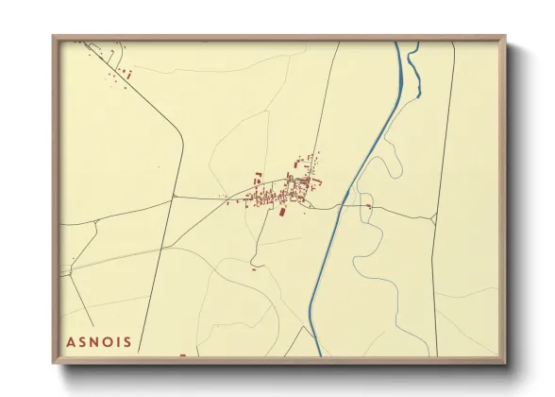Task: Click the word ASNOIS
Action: tap(99, 340)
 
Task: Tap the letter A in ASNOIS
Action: tap(72, 340)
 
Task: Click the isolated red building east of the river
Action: tap(369, 205)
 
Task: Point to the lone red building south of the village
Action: tap(253, 268)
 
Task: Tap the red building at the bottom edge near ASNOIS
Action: tap(182, 355)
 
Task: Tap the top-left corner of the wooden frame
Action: tap(55, 38)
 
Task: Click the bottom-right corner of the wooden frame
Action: tap(504, 363)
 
